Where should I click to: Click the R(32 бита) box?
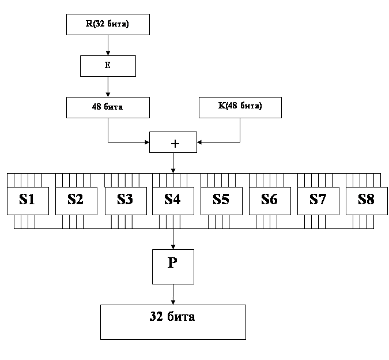108,24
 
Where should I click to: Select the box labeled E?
108,66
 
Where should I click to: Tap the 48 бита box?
108,107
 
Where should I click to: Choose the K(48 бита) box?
240,107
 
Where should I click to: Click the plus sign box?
173,142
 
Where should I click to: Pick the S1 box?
28,201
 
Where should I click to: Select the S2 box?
76,201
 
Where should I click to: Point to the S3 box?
125,201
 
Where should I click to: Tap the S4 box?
173,201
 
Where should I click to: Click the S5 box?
221,201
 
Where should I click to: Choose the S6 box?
270,201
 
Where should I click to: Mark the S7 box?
318,201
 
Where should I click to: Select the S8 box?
367,201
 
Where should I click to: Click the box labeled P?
173,267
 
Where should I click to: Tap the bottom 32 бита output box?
173,322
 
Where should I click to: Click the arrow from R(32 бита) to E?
108,45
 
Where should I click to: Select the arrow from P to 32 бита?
173,294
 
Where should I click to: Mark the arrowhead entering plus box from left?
146,142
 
